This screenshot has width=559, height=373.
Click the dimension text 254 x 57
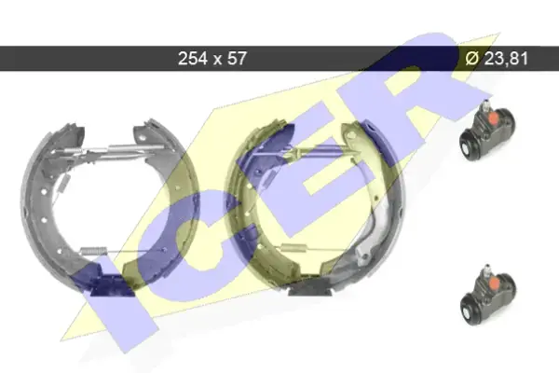click(212, 58)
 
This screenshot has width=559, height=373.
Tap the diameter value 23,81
click(506, 58)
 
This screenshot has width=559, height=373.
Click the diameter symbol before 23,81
click(472, 58)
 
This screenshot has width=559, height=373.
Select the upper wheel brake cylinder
click(487, 131)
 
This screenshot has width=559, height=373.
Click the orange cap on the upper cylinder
click(494, 117)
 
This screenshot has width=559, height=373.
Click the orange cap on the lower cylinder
click(494, 283)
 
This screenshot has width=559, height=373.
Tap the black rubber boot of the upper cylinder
click(469, 146)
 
